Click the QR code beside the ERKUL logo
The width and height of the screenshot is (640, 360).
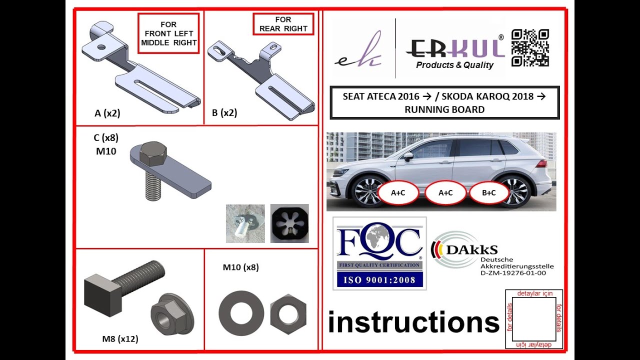pyautogui.click(x=530, y=47)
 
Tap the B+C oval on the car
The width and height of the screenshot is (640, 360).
pyautogui.click(x=489, y=193)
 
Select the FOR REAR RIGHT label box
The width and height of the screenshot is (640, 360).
pyautogui.click(x=283, y=24)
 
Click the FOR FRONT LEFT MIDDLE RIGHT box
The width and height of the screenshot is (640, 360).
pyautogui.click(x=168, y=33)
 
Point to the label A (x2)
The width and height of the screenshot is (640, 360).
pyautogui.click(x=107, y=113)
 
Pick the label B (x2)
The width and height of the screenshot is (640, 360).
pyautogui.click(x=224, y=113)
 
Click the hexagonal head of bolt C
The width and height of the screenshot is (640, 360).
pyautogui.click(x=153, y=153)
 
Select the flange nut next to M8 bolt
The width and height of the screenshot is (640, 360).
pyautogui.click(x=172, y=314)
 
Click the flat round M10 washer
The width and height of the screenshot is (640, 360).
pyautogui.click(x=241, y=313)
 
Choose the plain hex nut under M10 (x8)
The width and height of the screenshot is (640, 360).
pyautogui.click(x=288, y=314)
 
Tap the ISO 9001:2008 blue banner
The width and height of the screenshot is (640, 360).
pyautogui.click(x=379, y=279)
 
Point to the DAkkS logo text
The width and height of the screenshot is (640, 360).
pyautogui.click(x=472, y=249)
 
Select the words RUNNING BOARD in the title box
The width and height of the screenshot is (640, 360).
pyautogui.click(x=444, y=109)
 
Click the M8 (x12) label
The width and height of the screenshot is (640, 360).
pyautogui.click(x=120, y=339)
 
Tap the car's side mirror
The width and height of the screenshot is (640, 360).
pyautogui.click(x=409, y=156)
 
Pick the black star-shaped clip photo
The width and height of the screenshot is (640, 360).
pyautogui.click(x=289, y=223)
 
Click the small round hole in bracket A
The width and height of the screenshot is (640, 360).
pyautogui.click(x=101, y=47)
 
